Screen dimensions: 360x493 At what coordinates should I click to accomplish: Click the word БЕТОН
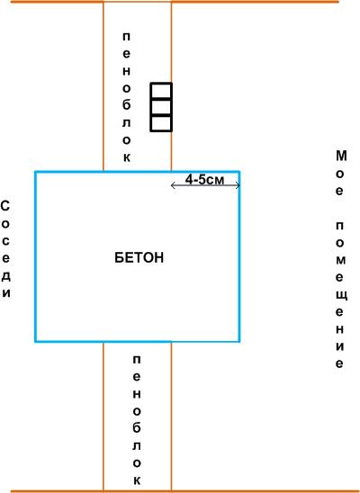[x=139, y=258]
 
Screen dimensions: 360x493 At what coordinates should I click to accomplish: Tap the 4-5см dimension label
[x=204, y=180]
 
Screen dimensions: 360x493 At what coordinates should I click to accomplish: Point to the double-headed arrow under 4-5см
[x=205, y=185]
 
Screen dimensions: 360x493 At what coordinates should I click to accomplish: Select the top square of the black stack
[x=161, y=91]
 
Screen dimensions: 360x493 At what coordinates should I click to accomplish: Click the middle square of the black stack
[x=161, y=108]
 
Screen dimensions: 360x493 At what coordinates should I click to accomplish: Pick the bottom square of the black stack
[x=161, y=123]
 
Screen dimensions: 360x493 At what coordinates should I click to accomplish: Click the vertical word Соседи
[x=6, y=249]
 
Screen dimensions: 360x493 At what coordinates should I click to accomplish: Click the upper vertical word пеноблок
[x=126, y=97]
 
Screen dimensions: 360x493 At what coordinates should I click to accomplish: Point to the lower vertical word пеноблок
[x=137, y=420]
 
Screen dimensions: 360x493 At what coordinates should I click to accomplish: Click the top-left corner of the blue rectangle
[x=35, y=172]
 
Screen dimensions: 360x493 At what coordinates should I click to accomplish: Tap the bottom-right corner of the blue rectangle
[x=239, y=341]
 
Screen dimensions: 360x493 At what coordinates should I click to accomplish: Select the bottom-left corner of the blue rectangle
[x=35, y=341]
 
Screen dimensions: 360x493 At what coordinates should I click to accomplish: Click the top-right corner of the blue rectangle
[x=239, y=172]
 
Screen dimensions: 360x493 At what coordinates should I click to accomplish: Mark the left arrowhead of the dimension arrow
[x=173, y=185]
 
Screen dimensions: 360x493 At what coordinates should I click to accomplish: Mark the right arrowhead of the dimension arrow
[x=238, y=185]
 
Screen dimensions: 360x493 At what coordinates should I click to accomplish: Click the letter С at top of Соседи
[x=5, y=207]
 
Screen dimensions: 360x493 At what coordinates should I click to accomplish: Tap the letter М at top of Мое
[x=341, y=156]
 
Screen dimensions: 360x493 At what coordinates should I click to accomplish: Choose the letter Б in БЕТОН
[x=119, y=258]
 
